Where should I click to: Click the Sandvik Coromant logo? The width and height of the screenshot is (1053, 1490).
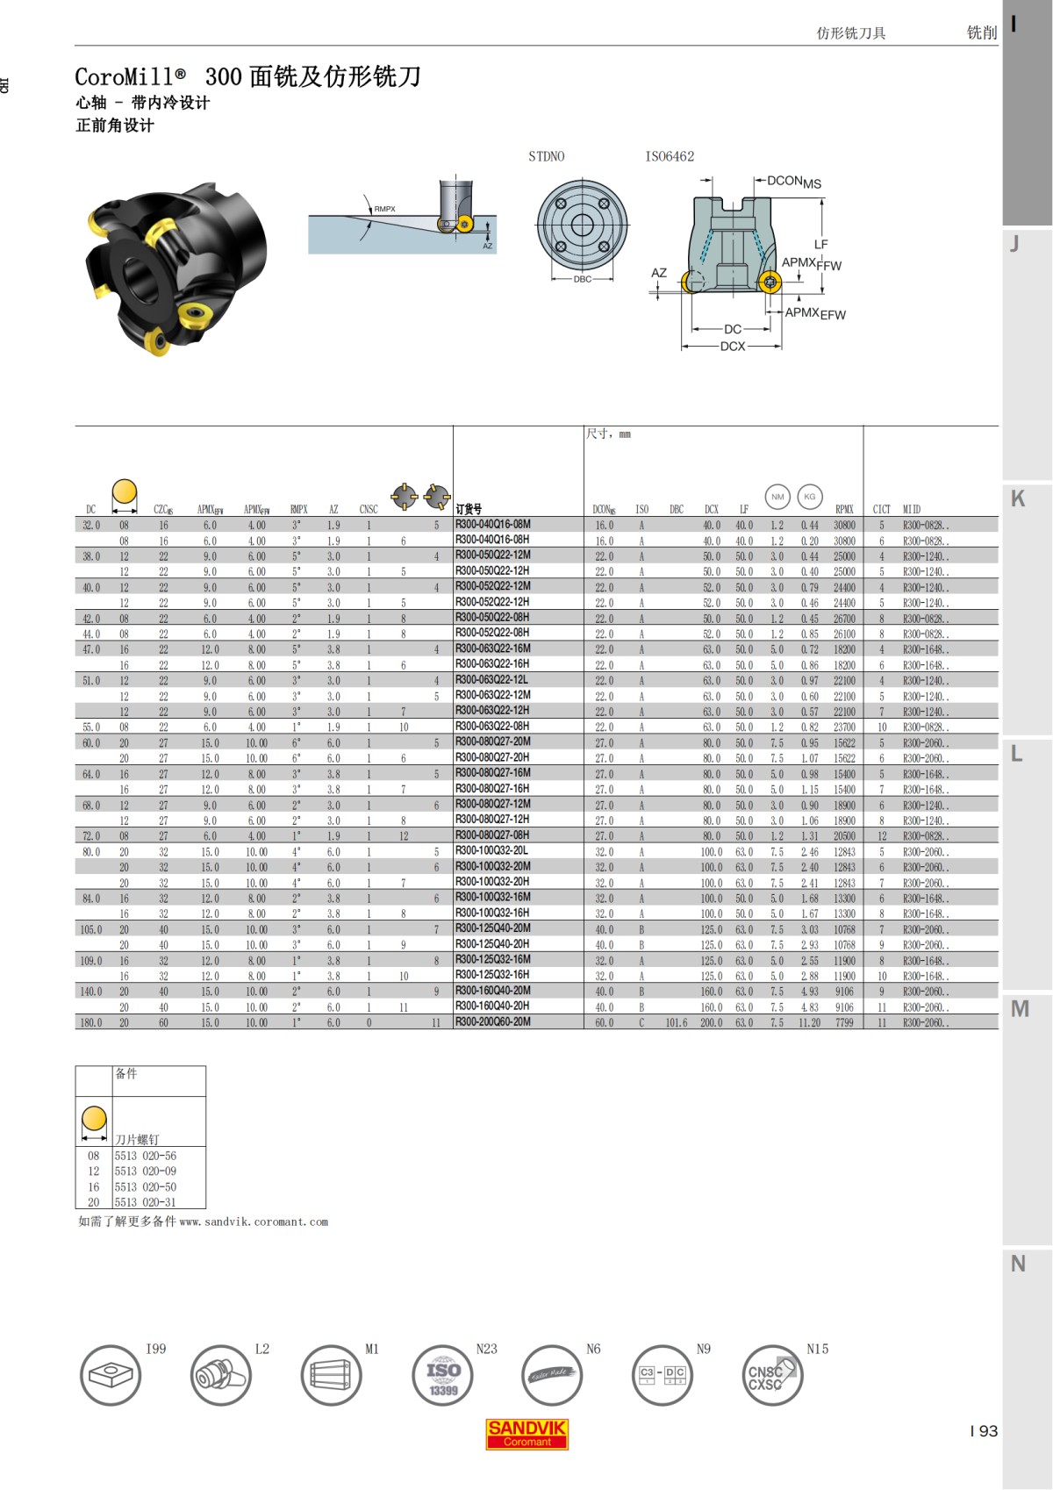[x=527, y=1434]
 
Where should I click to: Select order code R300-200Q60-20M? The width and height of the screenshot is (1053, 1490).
[x=492, y=1022]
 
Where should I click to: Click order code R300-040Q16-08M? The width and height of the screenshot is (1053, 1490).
[x=492, y=525]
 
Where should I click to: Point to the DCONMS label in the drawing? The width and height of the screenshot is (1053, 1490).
[x=793, y=183]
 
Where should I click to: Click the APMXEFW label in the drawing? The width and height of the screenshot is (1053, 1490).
[x=815, y=313]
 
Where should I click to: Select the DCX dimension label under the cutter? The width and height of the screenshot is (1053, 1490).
[x=733, y=347]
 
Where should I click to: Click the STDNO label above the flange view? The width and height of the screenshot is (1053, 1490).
[x=546, y=156]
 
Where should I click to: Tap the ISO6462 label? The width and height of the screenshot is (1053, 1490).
[x=670, y=156]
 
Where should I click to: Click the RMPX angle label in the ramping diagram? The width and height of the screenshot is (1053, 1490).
[x=384, y=209]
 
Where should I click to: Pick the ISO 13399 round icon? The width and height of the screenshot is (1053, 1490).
[x=443, y=1375]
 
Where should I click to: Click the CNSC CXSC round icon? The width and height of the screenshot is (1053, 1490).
[x=771, y=1375]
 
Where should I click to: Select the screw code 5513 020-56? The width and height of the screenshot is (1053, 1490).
[x=146, y=1156]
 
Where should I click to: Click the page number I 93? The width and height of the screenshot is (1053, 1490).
[x=984, y=1431]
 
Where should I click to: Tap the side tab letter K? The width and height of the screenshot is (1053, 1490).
[x=1018, y=498]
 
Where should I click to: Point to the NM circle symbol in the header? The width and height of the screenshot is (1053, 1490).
[x=777, y=497]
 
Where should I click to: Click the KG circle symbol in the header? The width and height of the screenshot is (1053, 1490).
[x=809, y=497]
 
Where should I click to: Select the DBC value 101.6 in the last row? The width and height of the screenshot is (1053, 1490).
[x=676, y=1022]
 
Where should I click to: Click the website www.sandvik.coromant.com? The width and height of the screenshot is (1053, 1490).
[x=254, y=1221]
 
